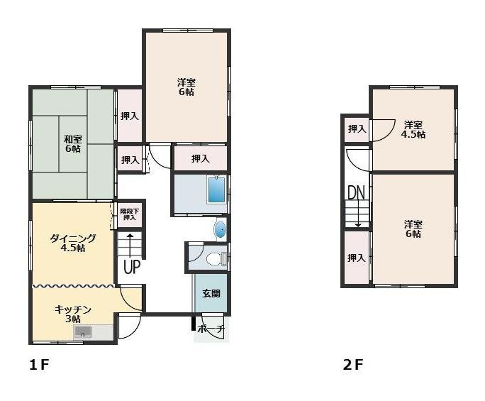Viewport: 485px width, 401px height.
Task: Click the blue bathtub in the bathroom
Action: [x=216, y=189]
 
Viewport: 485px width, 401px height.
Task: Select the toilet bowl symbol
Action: [x=213, y=258]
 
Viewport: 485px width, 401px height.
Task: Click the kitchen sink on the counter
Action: [x=82, y=332]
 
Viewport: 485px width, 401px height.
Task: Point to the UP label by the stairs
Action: [x=132, y=267]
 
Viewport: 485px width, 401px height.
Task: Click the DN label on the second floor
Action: [x=357, y=192]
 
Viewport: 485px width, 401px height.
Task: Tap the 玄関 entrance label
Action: [x=211, y=293]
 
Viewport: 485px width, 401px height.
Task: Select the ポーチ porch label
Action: [x=211, y=329]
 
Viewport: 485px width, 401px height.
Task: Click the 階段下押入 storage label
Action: [x=130, y=214]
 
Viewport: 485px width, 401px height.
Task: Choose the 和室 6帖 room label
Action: [x=73, y=143]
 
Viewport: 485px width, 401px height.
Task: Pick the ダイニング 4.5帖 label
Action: [x=73, y=243]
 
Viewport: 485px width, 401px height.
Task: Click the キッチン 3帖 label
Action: [x=73, y=314]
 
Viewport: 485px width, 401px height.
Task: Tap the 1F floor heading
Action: [x=39, y=365]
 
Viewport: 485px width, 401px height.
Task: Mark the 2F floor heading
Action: [x=353, y=365]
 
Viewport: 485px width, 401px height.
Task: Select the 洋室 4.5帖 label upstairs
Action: [x=413, y=130]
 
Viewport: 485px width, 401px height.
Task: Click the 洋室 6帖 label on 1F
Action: [x=186, y=87]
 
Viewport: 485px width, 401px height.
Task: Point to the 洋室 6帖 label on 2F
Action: [x=413, y=229]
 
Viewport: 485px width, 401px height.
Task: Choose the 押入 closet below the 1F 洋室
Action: [x=201, y=158]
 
